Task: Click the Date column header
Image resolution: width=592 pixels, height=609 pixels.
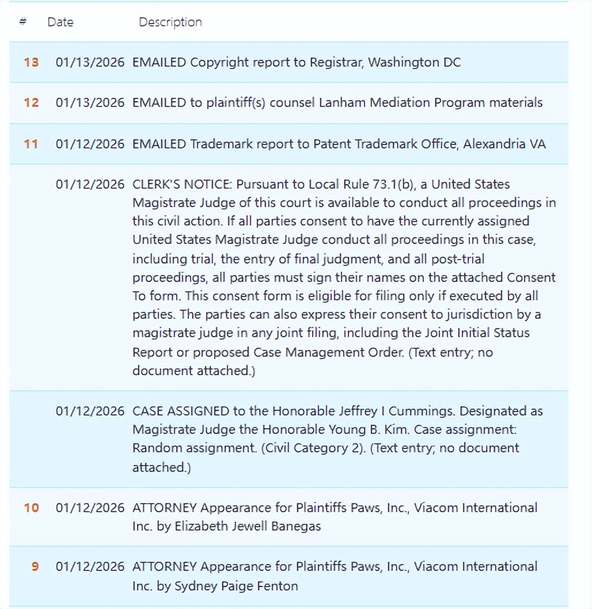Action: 60,22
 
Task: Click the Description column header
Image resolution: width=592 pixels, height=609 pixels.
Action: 170,22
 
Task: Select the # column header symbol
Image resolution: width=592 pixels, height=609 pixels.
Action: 23,22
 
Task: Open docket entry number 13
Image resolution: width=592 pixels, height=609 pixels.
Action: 31,62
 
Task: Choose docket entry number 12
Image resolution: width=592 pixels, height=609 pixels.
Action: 31,103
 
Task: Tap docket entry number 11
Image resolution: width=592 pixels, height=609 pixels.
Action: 31,144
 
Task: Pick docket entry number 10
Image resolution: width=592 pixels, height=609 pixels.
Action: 31,508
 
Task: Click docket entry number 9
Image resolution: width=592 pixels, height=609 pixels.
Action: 35,566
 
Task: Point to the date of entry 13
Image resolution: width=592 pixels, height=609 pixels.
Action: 90,62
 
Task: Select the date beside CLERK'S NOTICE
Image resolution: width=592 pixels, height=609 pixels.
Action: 90,185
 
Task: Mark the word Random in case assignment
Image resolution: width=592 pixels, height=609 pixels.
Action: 153,448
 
